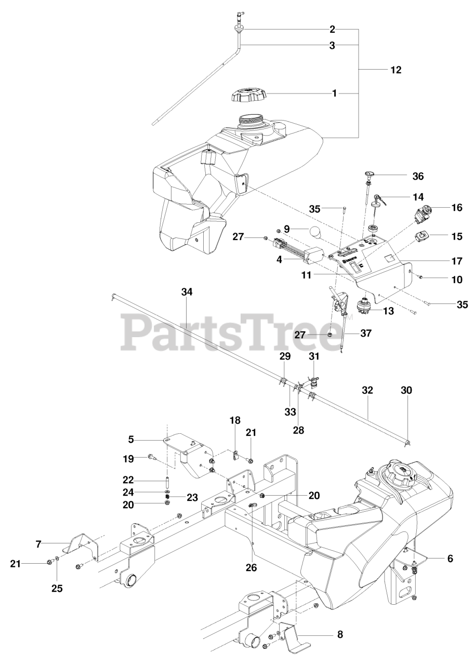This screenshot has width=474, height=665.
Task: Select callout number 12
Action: [396, 70]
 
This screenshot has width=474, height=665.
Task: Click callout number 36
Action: [417, 176]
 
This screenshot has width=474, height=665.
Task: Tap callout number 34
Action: [187, 292]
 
